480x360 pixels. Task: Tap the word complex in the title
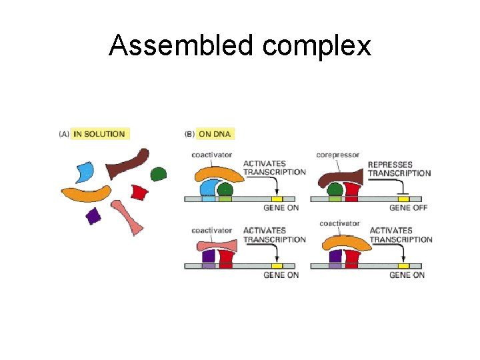tap(317, 47)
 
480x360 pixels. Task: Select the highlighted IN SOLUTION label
tap(99, 134)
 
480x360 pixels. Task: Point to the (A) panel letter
tap(64, 134)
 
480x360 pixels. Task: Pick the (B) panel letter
tap(189, 134)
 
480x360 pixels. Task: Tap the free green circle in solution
tap(158, 175)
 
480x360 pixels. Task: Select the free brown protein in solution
tap(129, 163)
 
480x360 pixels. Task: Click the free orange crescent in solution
tap(86, 194)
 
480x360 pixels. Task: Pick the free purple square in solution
tap(93, 216)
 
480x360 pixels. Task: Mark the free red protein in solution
tap(139, 192)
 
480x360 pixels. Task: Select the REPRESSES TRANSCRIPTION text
tap(399, 169)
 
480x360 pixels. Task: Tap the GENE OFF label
tap(409, 208)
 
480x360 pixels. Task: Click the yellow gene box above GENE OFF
tap(403, 199)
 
